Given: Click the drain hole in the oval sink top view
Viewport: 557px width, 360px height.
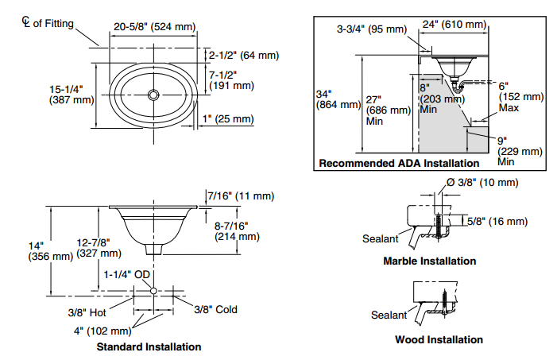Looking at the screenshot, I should pos(153,95).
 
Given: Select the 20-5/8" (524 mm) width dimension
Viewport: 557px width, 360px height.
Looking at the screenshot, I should pos(153,26).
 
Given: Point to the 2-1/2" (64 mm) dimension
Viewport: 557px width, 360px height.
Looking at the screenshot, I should pos(243,55).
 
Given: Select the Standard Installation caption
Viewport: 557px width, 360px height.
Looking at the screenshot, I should pos(149,346).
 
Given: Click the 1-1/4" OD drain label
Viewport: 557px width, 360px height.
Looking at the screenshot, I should pos(126,274).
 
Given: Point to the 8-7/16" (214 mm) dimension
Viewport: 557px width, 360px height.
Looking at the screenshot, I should pos(237,230).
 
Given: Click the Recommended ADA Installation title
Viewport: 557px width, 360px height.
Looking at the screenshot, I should pos(399,163).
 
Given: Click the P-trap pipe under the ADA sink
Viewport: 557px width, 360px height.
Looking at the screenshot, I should pos(458,86).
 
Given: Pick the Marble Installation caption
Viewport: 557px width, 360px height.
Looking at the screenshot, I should pos(429,261).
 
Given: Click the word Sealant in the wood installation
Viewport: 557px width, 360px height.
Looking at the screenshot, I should pos(389,315).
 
